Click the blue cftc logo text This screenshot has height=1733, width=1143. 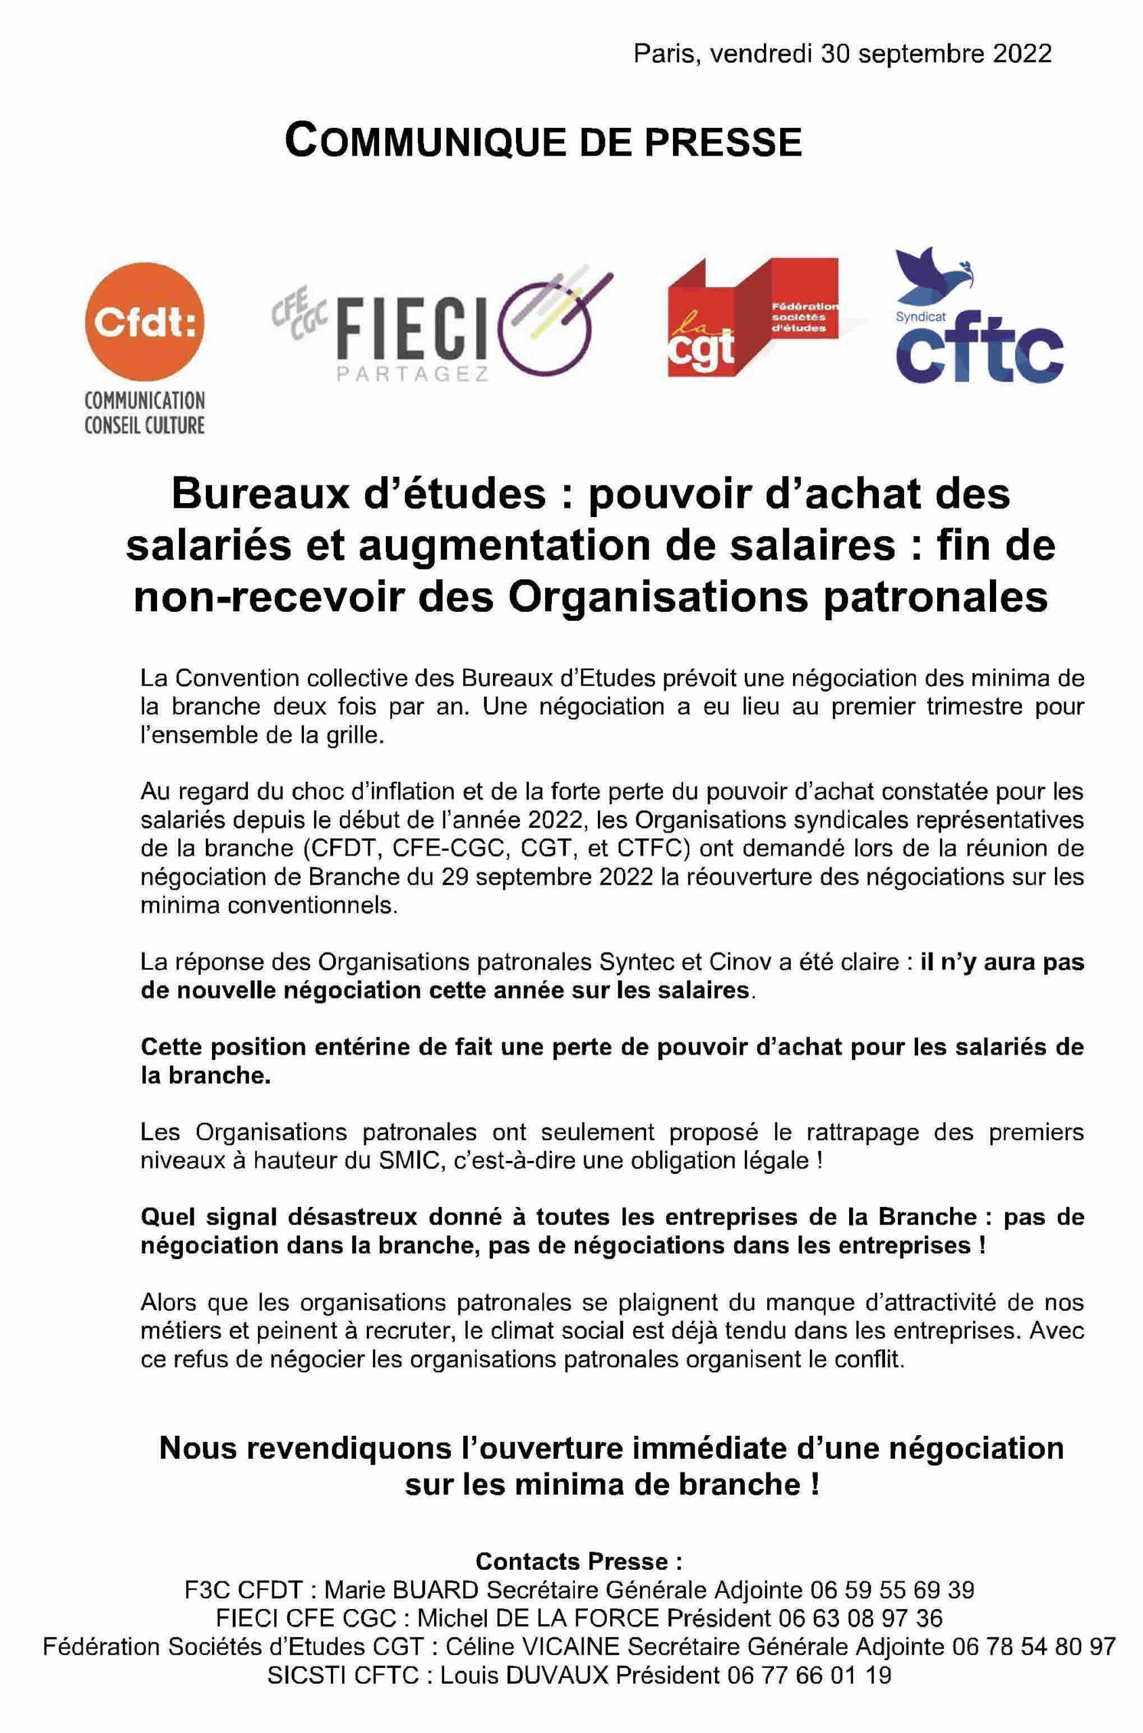(x=978, y=355)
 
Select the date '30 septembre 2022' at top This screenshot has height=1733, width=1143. (x=936, y=54)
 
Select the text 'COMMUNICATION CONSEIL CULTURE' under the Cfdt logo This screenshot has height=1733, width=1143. (x=144, y=412)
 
